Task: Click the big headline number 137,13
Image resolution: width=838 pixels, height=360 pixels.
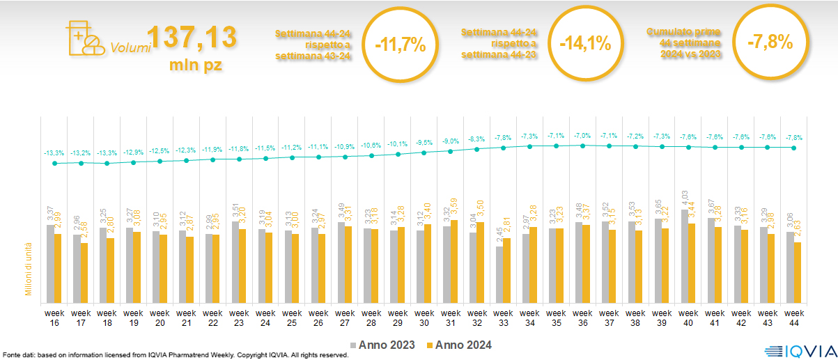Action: (x=192, y=38)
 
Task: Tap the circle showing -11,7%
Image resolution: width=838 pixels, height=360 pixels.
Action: (x=400, y=44)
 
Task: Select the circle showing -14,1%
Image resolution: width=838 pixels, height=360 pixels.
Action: (x=585, y=43)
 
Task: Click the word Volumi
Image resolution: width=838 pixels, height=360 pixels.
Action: (x=130, y=48)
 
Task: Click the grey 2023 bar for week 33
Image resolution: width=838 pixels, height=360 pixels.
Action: (x=499, y=272)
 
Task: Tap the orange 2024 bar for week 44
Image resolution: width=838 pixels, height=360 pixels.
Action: (x=797, y=270)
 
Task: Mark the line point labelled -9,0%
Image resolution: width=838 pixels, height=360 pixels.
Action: (x=451, y=151)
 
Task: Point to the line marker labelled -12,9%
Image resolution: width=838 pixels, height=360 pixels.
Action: (x=133, y=162)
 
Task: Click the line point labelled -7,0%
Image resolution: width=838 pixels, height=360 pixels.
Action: (x=582, y=145)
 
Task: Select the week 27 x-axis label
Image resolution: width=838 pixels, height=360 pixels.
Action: (x=345, y=317)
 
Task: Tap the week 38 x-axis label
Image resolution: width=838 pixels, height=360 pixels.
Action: (x=636, y=317)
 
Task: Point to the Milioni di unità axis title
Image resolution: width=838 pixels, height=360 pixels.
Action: (x=29, y=268)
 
